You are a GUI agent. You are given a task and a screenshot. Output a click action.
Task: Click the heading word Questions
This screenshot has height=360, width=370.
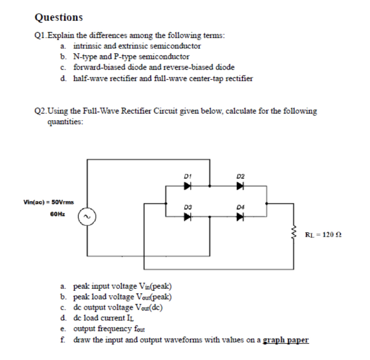(59, 17)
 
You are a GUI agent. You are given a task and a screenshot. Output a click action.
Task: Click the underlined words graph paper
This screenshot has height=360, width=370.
(286, 340)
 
